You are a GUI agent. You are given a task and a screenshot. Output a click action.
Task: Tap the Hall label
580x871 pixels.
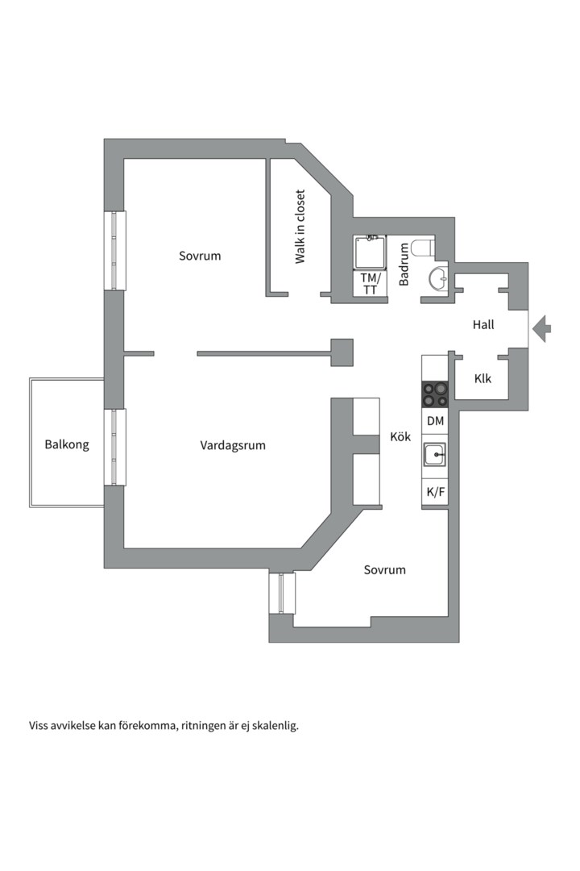pos(483,325)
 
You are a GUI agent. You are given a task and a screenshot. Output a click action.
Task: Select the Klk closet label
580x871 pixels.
pos(483,378)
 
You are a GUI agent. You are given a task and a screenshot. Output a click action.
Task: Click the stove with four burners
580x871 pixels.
pos(435,394)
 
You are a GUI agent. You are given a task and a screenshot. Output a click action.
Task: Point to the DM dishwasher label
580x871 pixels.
pos(435,421)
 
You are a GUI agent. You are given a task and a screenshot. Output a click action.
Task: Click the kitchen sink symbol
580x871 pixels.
pos(435,456)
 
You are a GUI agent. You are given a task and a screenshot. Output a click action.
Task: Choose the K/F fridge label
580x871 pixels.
pos(435,493)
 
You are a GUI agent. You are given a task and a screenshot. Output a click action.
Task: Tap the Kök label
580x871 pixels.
pos(400,437)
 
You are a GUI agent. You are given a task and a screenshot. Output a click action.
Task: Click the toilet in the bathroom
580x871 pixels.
pos(422,246)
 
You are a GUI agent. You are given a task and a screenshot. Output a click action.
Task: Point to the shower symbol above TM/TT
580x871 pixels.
pos(371,252)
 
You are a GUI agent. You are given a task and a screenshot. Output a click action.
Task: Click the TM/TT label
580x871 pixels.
pos(371,284)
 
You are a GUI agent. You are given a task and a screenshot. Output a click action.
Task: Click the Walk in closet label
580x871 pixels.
pos(300,227)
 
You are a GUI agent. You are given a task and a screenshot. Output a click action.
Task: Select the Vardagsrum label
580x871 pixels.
pos(233,445)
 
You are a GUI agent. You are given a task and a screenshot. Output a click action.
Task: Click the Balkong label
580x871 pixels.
pos(67,444)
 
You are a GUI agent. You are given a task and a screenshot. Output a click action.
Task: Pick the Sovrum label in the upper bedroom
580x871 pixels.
pos(200,256)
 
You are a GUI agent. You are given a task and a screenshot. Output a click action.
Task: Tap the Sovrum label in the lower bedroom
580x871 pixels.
pos(384,569)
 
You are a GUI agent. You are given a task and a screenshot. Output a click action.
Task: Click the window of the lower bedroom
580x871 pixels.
pos(282,594)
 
